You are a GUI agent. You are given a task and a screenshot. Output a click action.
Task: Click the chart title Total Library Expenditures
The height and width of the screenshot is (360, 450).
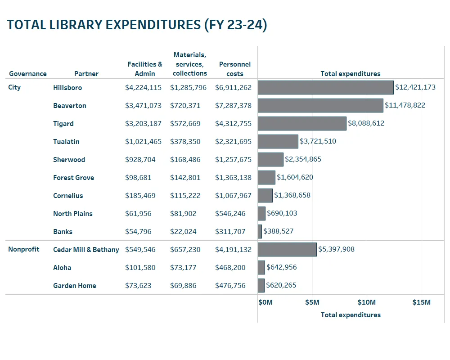pos(137,25)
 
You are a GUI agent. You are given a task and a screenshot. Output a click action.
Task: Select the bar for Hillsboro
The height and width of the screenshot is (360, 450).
pos(325,87)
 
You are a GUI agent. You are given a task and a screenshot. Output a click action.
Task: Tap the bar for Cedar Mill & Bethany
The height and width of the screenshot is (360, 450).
pos(287,249)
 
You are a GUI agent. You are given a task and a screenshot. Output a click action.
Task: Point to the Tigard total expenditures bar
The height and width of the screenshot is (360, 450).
pos(302,123)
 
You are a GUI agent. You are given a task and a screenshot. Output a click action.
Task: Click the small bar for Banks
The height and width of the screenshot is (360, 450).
pos(260,231)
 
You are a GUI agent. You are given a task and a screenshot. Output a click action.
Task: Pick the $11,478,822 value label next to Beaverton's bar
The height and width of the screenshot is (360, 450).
pos(405,105)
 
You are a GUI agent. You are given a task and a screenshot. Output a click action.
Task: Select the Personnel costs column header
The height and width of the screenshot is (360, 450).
pos(235,69)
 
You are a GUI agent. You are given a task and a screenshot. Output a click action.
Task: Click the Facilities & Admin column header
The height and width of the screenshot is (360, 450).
pos(145,69)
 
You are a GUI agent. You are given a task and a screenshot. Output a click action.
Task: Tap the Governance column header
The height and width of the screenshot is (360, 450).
pos(28,74)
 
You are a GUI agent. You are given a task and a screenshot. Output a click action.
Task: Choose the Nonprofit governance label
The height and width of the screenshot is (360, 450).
pos(24,249)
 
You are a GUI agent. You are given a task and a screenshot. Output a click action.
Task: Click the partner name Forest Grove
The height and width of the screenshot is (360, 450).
pos(73,177)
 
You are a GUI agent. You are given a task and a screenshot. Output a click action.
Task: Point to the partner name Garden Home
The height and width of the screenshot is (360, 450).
pos(74,285)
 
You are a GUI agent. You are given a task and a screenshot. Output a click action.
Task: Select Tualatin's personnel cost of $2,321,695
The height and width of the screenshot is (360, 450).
pos(233,141)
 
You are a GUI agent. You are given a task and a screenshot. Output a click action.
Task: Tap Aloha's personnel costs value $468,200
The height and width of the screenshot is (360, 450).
pos(230,267)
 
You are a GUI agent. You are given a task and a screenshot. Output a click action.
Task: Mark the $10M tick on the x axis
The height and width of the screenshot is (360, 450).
pos(367,302)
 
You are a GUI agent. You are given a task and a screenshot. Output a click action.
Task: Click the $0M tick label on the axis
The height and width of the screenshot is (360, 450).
pos(265,302)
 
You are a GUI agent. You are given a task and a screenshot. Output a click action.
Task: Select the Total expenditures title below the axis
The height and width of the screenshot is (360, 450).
pos(351,315)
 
